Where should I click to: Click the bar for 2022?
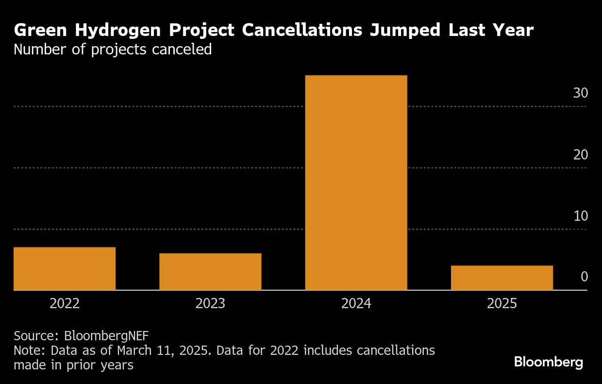(65, 268)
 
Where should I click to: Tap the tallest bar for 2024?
(356, 182)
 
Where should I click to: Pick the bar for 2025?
(502, 278)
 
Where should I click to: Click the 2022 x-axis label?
(65, 304)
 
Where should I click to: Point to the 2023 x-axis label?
(210, 304)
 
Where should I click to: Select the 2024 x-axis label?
(356, 304)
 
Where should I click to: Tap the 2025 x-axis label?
(502, 304)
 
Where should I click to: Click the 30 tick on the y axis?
(580, 93)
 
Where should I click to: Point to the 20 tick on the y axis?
(580, 155)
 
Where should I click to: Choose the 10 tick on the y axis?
(580, 216)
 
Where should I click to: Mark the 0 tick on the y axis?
(584, 277)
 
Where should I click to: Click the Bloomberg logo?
(548, 362)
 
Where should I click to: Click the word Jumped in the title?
(405, 31)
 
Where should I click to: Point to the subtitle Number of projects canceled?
(113, 50)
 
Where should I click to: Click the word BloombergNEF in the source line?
(106, 335)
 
